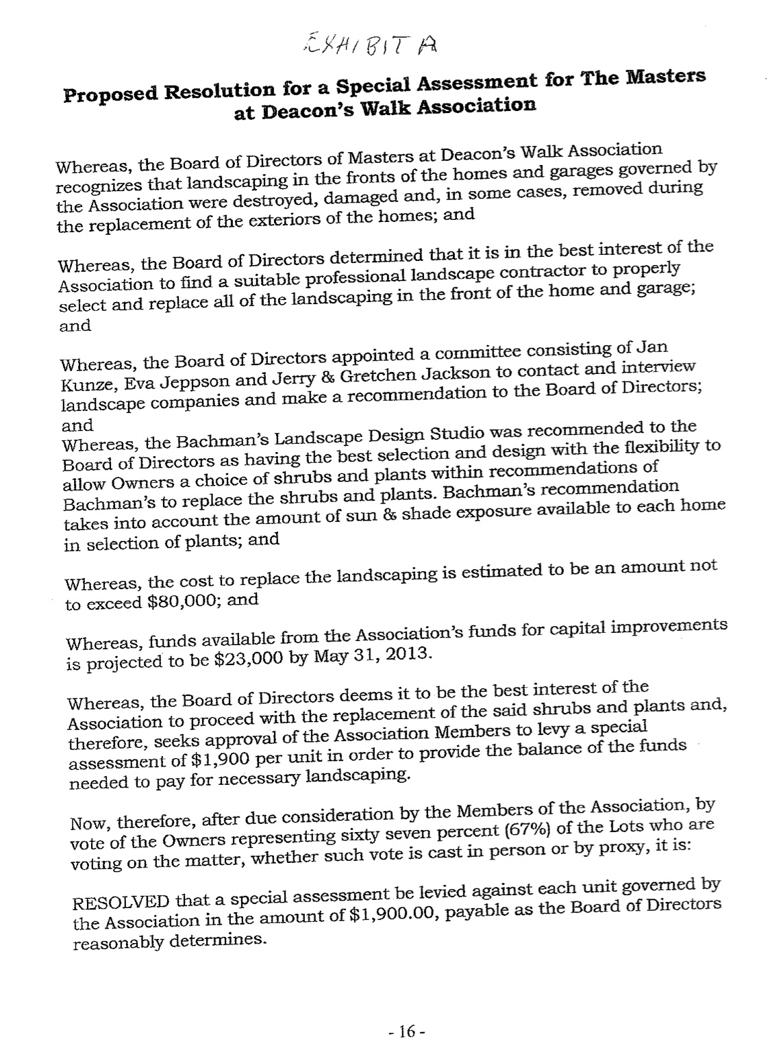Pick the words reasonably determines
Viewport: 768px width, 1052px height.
(x=168, y=942)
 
